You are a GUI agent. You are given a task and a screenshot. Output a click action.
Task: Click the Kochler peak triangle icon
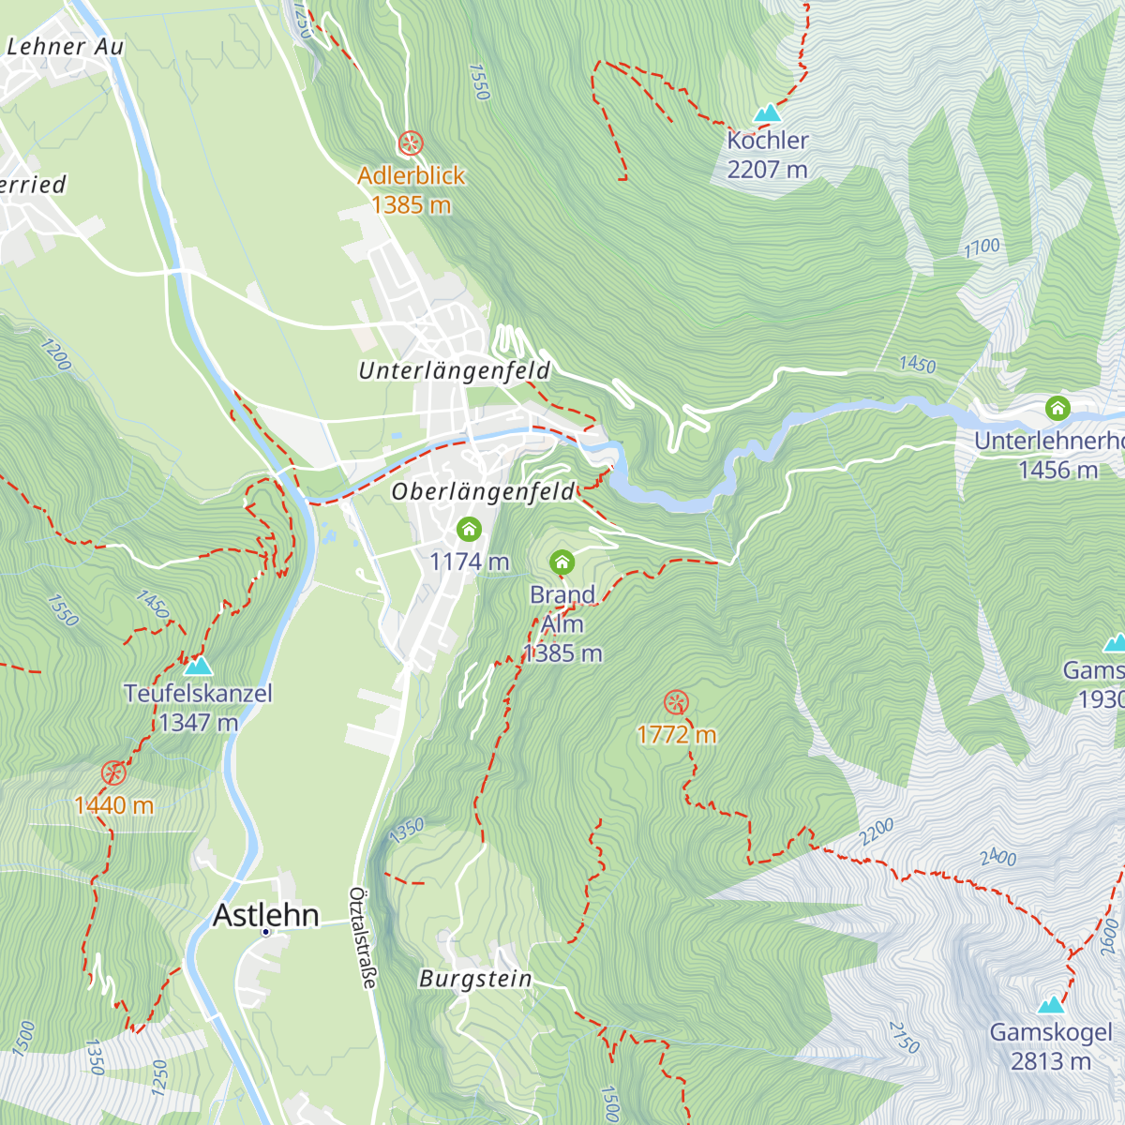click(x=768, y=113)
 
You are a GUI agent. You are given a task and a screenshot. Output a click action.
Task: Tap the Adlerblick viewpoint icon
click(x=411, y=143)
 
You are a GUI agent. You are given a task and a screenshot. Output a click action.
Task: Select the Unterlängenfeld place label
click(x=454, y=371)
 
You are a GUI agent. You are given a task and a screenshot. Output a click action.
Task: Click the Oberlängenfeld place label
click(x=483, y=492)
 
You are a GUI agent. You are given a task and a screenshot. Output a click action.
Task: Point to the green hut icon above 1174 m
click(x=469, y=530)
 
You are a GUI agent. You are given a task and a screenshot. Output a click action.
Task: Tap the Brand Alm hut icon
click(x=562, y=562)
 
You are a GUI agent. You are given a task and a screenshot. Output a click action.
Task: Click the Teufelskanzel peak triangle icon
click(x=198, y=666)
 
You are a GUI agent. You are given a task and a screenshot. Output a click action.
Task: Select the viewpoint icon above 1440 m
click(x=113, y=773)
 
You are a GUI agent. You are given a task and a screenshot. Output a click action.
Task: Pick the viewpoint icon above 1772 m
click(x=676, y=702)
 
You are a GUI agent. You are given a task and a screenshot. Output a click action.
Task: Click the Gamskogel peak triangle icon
click(x=1051, y=1005)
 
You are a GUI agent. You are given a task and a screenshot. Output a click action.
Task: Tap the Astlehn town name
click(x=266, y=915)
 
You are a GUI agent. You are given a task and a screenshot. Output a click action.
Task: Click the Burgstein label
click(x=475, y=980)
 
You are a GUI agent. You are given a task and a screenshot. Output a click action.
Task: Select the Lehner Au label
click(x=65, y=46)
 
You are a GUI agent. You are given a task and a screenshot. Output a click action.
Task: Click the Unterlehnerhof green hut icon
click(x=1057, y=409)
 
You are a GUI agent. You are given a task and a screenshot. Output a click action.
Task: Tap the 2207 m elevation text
click(x=767, y=170)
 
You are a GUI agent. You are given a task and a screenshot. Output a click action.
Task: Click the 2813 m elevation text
click(x=1051, y=1061)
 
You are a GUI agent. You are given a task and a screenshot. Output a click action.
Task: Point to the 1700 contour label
click(x=982, y=248)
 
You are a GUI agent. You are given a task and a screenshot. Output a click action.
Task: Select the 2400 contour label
click(x=998, y=857)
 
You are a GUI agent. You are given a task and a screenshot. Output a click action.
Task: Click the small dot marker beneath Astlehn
click(x=266, y=932)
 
